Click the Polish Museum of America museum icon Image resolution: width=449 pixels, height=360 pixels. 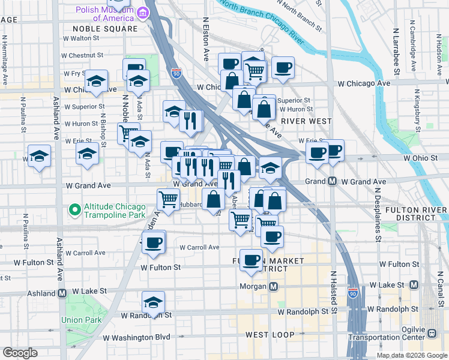click(x=143, y=13)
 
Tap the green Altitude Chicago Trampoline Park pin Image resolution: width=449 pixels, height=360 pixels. click(x=74, y=210)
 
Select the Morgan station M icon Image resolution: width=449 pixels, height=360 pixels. click(x=273, y=287)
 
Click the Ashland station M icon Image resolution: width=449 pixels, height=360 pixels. click(x=62, y=293)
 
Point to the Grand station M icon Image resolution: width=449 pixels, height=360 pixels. click(x=331, y=181)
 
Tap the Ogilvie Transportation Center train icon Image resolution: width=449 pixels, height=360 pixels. click(x=432, y=332)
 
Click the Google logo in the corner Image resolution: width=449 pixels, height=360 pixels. click(x=20, y=353)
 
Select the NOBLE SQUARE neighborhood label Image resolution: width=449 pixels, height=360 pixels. click(x=105, y=28)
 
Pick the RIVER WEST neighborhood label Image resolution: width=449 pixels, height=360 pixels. click(x=310, y=121)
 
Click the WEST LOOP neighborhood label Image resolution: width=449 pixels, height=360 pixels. click(x=270, y=334)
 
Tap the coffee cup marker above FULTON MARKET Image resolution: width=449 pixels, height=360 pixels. click(x=252, y=259)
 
